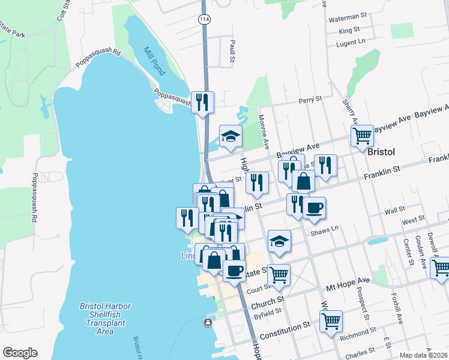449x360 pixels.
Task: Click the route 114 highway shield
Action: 203,20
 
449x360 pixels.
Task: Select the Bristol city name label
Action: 380,152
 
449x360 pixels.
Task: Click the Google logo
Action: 20,353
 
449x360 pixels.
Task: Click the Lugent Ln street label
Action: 351,42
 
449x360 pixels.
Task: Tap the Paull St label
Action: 231,51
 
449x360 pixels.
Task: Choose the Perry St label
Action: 310,99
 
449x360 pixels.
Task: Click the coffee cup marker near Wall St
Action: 314,208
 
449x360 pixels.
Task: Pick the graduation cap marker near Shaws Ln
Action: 279,241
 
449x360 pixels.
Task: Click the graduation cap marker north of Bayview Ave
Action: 231,136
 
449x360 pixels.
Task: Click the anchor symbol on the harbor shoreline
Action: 208,323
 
